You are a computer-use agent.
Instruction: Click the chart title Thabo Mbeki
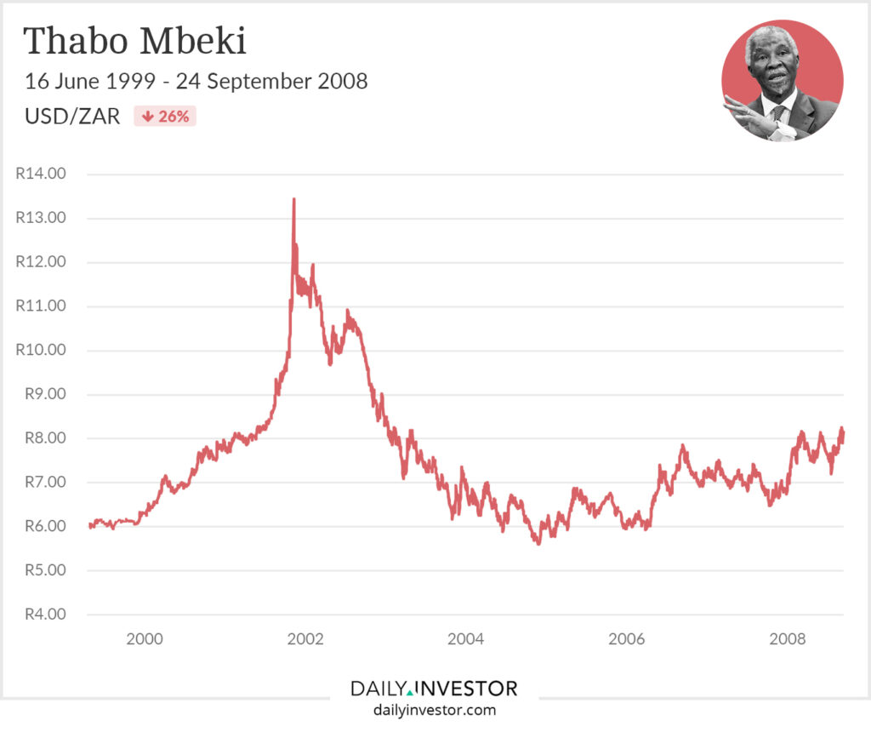[x=134, y=42]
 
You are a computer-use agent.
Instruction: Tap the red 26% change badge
[x=165, y=117]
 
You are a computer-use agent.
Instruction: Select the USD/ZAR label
[x=72, y=117]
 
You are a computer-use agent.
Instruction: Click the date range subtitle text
[x=196, y=82]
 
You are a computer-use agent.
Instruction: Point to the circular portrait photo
[x=782, y=80]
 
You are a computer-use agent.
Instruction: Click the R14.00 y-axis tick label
[x=41, y=174]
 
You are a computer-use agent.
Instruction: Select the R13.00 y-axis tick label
[x=41, y=218]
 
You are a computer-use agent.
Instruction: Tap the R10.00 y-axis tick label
[x=41, y=350]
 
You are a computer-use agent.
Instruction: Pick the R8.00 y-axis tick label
[x=41, y=438]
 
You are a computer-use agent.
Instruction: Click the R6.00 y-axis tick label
[x=41, y=527]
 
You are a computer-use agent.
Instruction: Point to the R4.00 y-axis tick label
[x=41, y=615]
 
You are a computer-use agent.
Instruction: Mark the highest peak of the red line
[x=293, y=199]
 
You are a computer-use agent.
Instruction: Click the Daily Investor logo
[x=434, y=688]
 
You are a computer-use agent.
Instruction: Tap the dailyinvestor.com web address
[x=434, y=709]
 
